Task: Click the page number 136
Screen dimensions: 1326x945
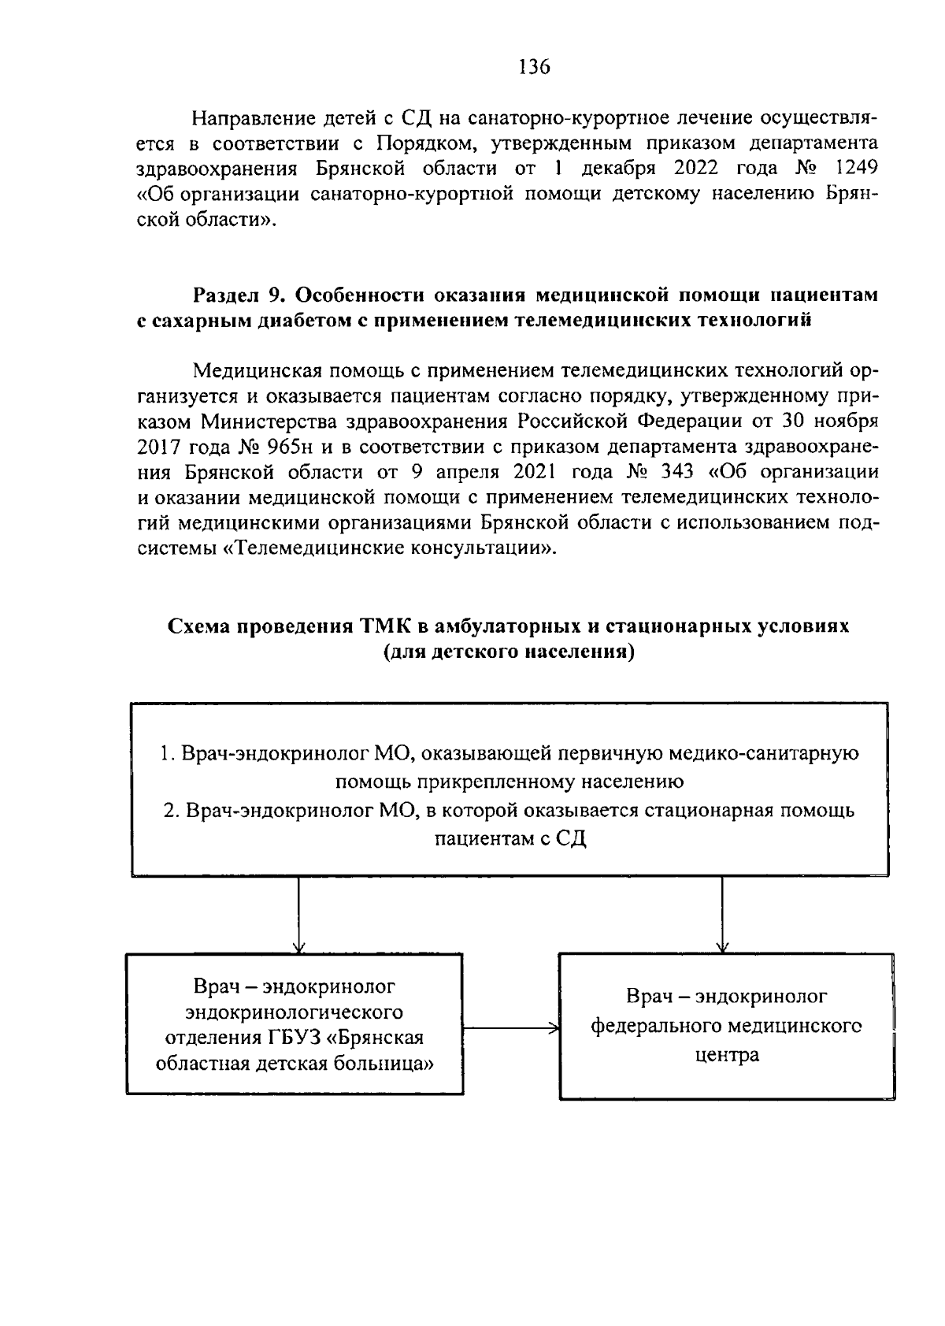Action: [534, 66]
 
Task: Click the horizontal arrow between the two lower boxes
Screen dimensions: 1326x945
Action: [510, 1028]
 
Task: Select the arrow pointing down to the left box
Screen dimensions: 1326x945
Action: [298, 914]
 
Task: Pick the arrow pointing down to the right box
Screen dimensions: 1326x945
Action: [722, 914]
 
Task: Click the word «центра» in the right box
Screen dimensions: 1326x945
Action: [727, 1055]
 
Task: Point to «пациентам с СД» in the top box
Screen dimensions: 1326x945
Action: [510, 838]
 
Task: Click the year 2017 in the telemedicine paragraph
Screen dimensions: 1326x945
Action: [161, 448]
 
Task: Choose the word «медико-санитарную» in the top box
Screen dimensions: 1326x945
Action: [763, 753]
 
